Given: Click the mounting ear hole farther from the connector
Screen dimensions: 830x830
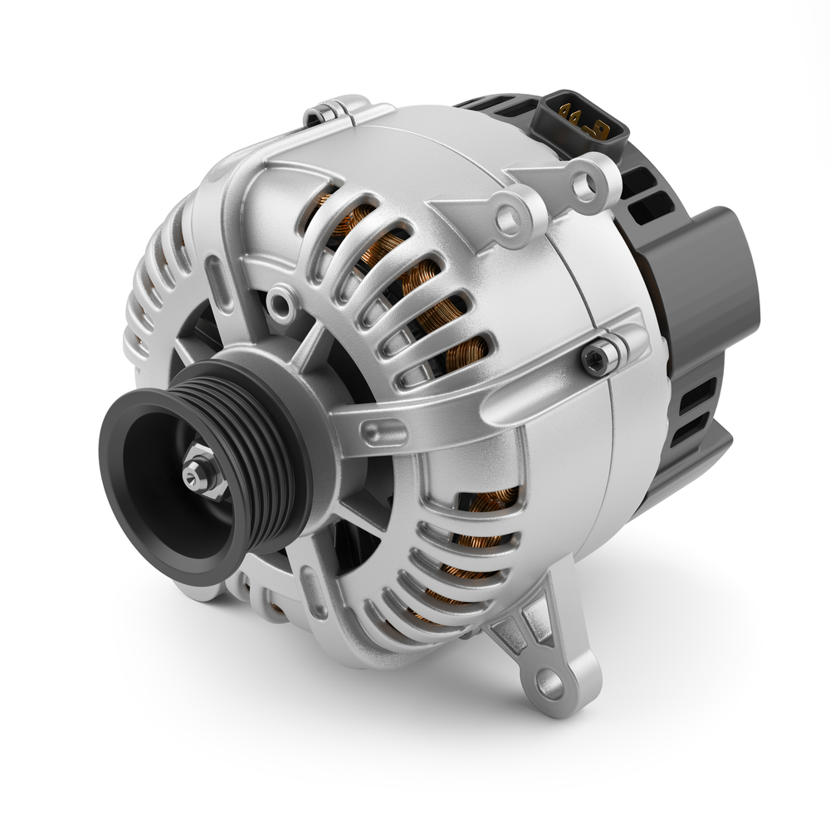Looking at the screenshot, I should [x=508, y=217].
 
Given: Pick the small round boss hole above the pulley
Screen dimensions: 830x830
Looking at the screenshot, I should [x=283, y=306].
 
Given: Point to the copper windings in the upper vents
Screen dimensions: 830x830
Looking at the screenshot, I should [x=415, y=282].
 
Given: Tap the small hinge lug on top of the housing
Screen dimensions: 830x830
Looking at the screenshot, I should [x=325, y=111].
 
